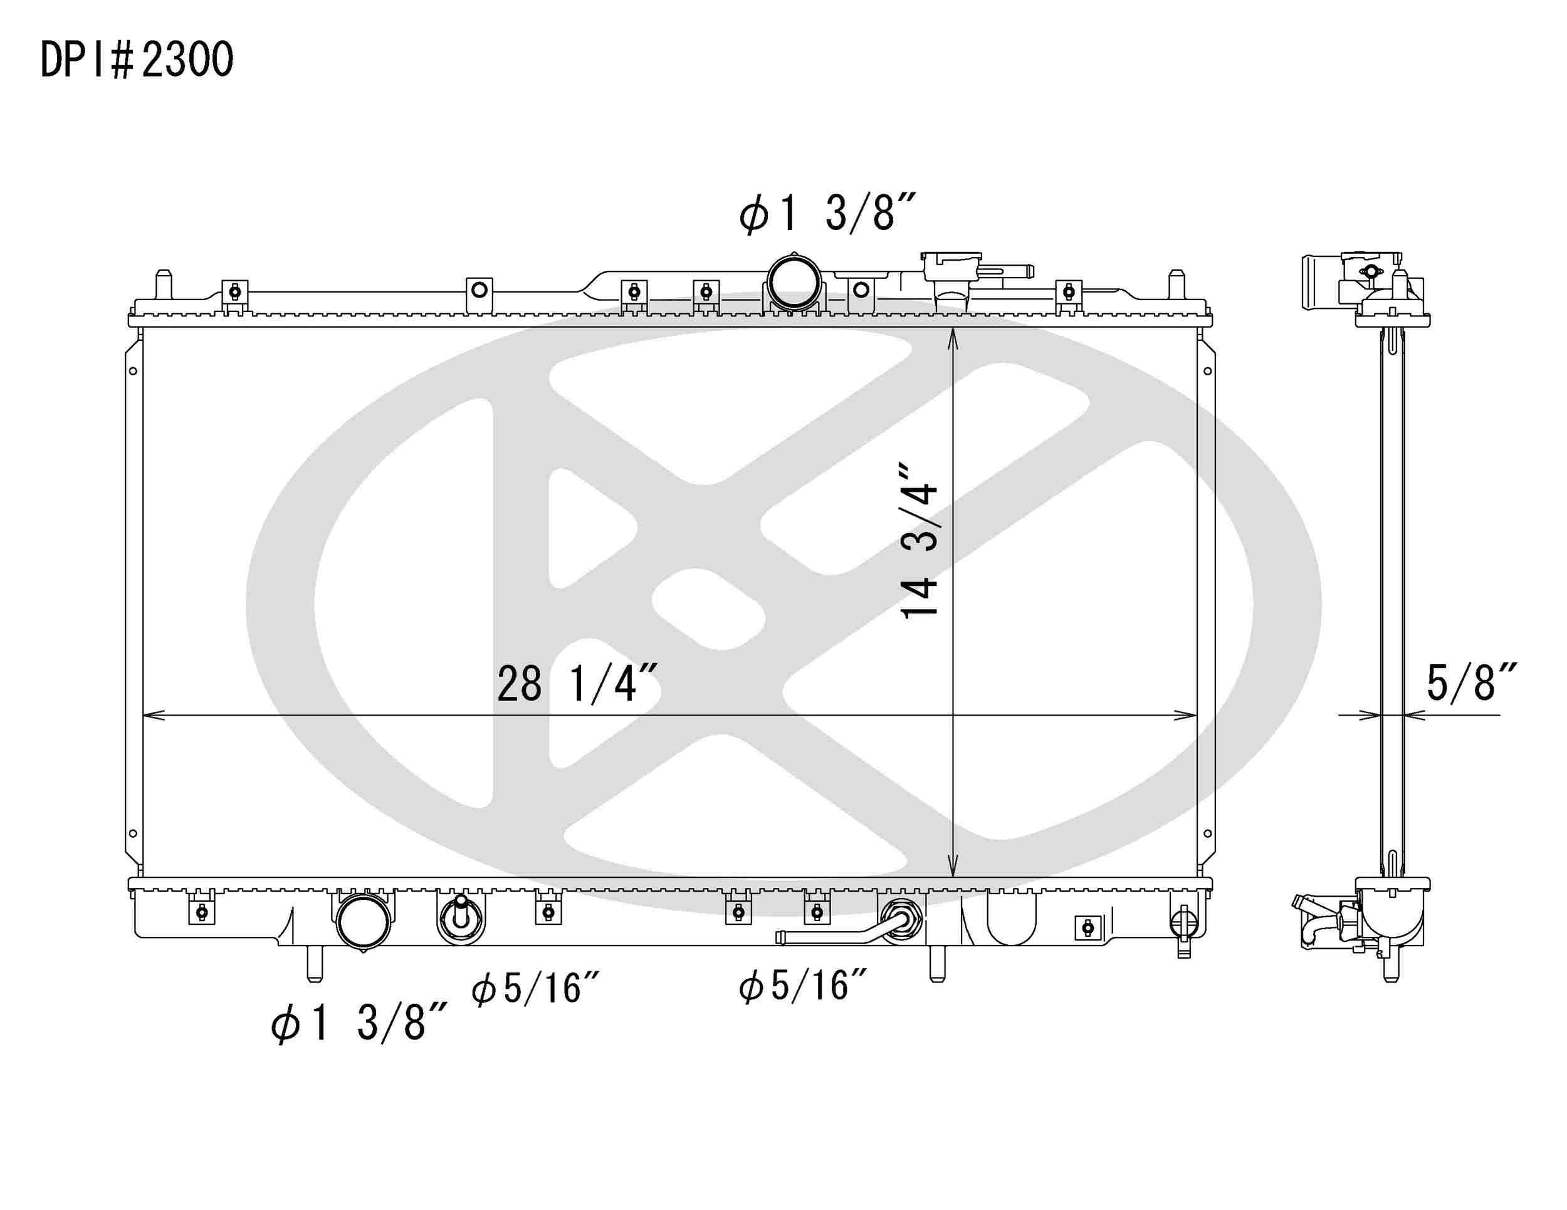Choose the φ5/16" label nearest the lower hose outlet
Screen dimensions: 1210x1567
[535, 989]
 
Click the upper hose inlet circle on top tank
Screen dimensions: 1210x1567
[794, 283]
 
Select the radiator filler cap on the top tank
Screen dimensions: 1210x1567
[951, 266]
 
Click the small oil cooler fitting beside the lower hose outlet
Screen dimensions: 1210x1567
[461, 919]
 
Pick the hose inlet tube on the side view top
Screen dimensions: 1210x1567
[1320, 282]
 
